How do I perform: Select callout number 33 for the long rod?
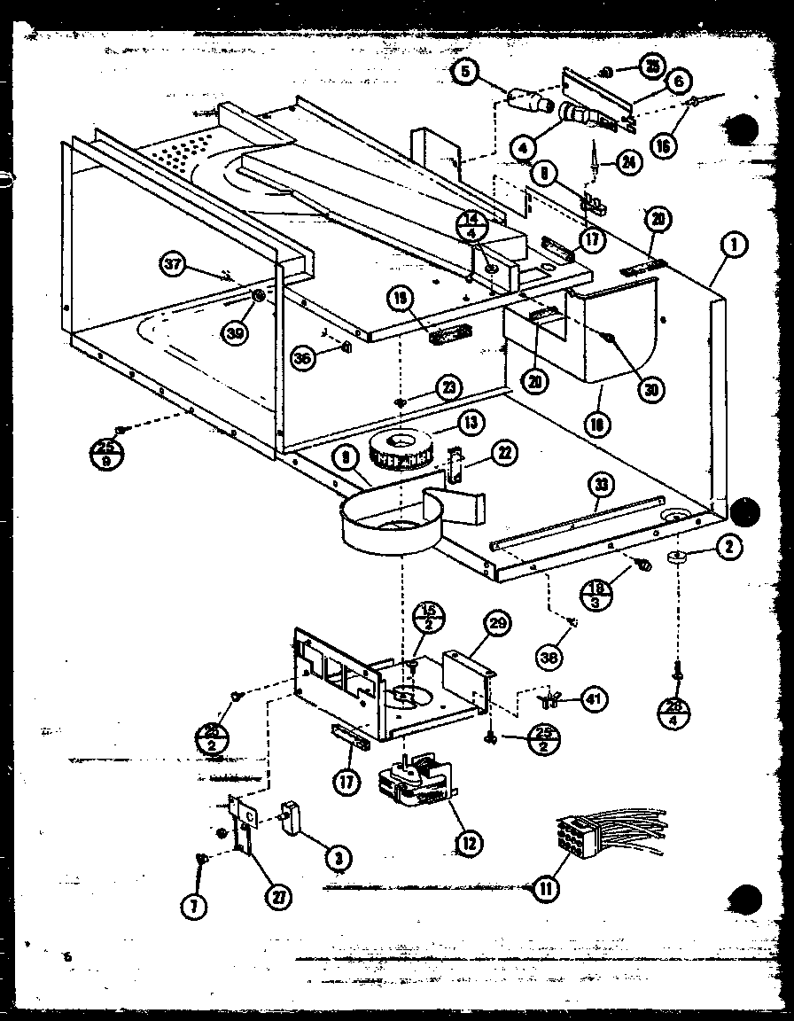tap(602, 486)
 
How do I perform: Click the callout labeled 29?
tap(497, 625)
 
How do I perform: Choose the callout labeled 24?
tap(628, 162)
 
